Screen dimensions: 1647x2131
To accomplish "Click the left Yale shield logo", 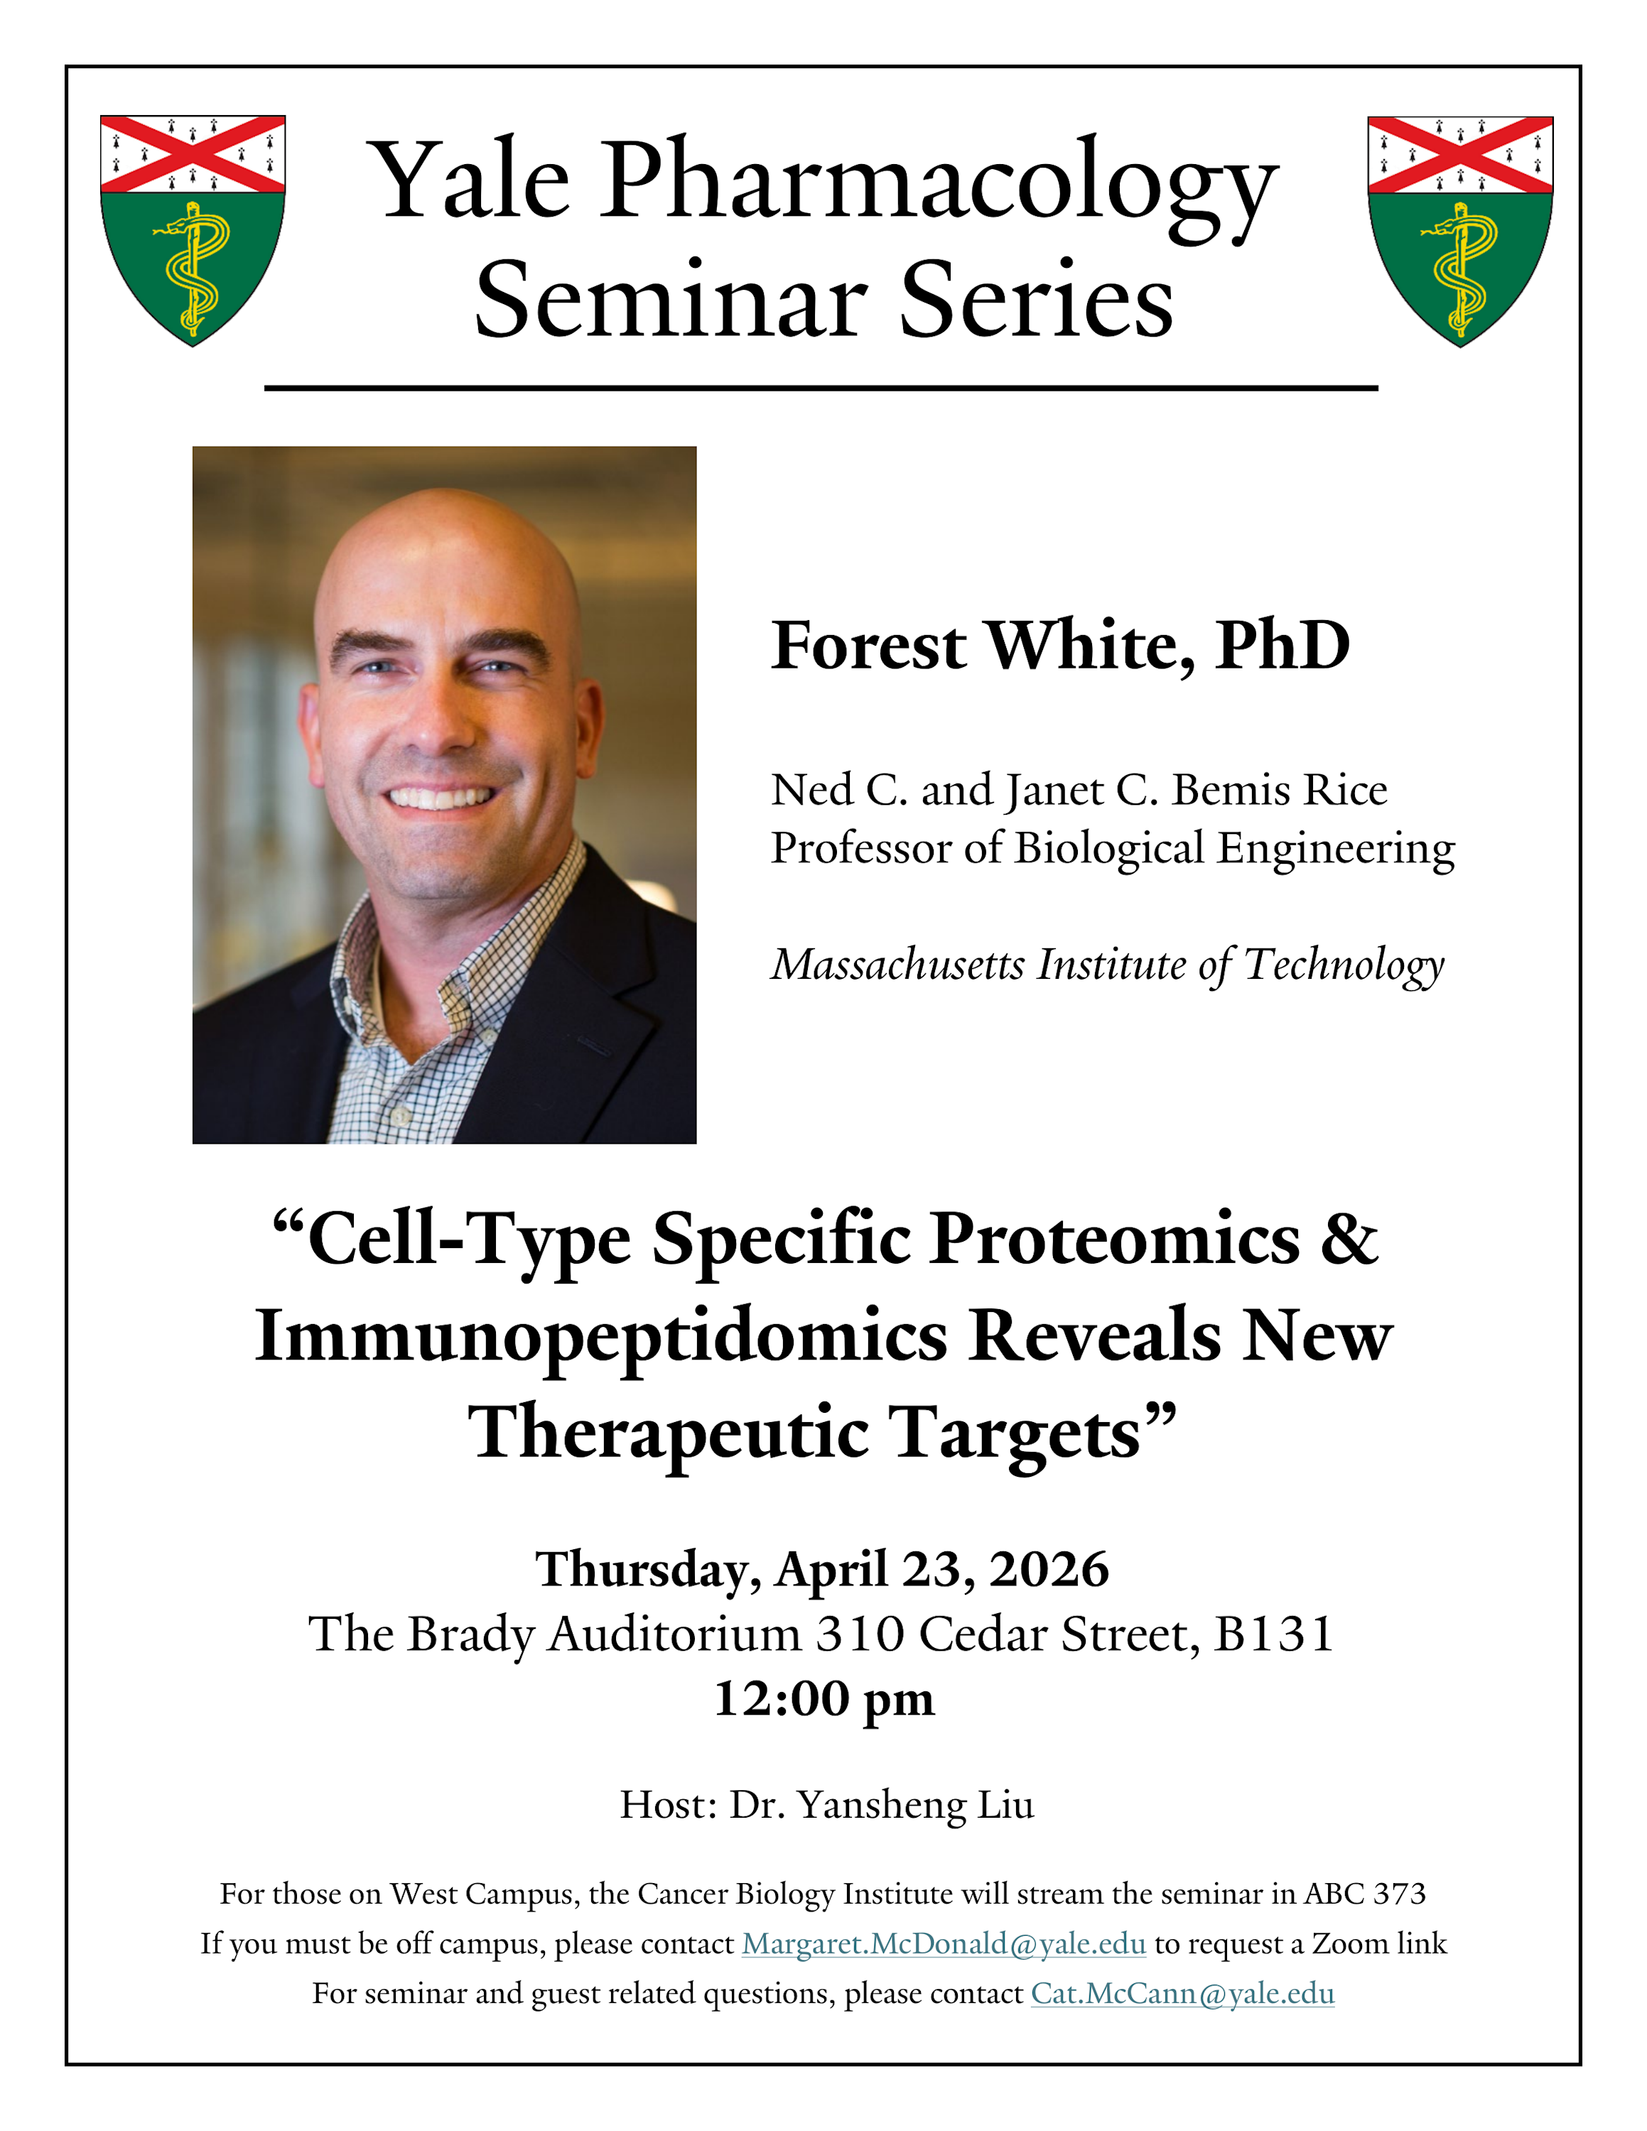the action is point(193,230).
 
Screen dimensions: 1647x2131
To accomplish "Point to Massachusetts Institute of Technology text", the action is point(1108,965).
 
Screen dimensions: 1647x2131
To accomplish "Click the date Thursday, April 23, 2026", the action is point(823,1570).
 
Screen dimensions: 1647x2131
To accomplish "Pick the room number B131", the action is point(1274,1634).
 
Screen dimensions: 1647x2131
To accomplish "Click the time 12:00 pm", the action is point(824,1698).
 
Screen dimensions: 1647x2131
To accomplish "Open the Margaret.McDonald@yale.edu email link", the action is point(944,1943).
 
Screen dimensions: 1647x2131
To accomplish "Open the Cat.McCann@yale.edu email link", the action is point(1182,1993).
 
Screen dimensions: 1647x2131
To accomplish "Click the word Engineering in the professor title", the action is point(1336,850).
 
